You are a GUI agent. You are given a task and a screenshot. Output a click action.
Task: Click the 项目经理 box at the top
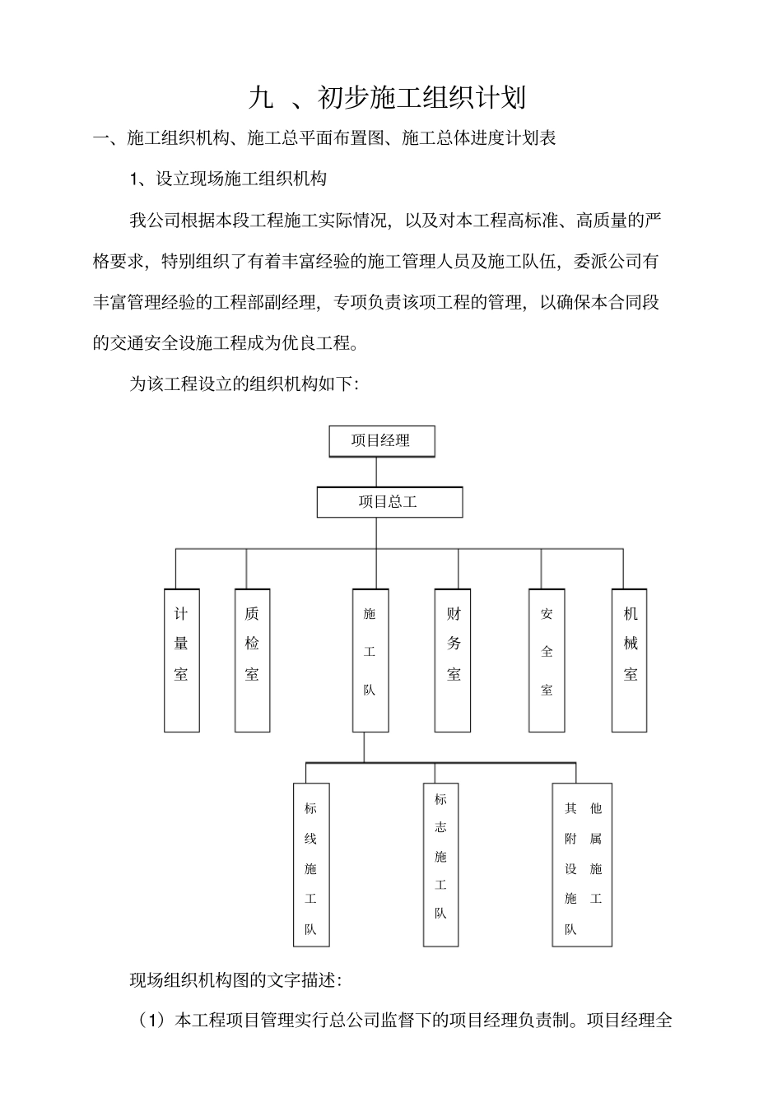point(381,441)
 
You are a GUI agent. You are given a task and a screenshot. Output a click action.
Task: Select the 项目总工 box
point(389,502)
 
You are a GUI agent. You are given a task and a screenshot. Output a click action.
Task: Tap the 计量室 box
point(182,660)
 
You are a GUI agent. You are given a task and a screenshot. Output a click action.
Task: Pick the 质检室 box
point(252,660)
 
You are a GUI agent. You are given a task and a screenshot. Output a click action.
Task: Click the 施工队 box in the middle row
point(370,660)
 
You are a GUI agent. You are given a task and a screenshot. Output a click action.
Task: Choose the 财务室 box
point(454,660)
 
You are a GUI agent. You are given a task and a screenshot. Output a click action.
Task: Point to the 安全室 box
point(547,660)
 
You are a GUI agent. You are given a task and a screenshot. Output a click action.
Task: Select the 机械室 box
point(630,660)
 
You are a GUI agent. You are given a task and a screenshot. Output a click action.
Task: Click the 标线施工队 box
point(311,864)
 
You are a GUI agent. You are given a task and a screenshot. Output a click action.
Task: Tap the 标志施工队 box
point(440,864)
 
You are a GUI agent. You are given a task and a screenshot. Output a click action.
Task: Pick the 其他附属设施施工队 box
point(582,864)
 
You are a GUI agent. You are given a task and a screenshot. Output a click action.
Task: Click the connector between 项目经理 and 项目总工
point(376,472)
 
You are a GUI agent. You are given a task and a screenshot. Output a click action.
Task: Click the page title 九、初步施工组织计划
point(387,98)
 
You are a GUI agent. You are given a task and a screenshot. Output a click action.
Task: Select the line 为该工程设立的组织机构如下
point(243,384)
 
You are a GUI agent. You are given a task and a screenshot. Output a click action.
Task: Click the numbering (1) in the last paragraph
point(151,1021)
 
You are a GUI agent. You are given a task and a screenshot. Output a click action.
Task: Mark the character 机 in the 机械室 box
point(631,614)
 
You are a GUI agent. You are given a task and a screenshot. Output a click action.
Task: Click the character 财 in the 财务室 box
point(454,614)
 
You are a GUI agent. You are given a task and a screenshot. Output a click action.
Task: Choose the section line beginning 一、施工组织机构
point(325,138)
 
